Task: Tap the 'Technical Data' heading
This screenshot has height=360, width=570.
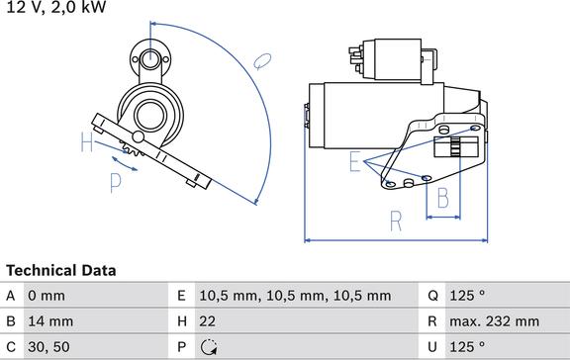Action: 61,270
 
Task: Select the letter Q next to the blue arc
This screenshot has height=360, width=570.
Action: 262,60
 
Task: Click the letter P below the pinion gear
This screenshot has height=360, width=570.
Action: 115,182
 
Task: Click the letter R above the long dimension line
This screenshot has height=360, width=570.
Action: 395,221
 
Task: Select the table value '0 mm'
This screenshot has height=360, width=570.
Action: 47,296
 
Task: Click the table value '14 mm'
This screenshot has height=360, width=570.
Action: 50,321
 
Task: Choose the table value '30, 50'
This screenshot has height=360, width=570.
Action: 49,347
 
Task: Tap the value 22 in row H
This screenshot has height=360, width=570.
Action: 208,321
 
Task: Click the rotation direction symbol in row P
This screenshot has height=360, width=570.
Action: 208,347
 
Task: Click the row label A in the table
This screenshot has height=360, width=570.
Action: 11,296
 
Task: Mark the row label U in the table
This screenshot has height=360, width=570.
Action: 432,347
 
